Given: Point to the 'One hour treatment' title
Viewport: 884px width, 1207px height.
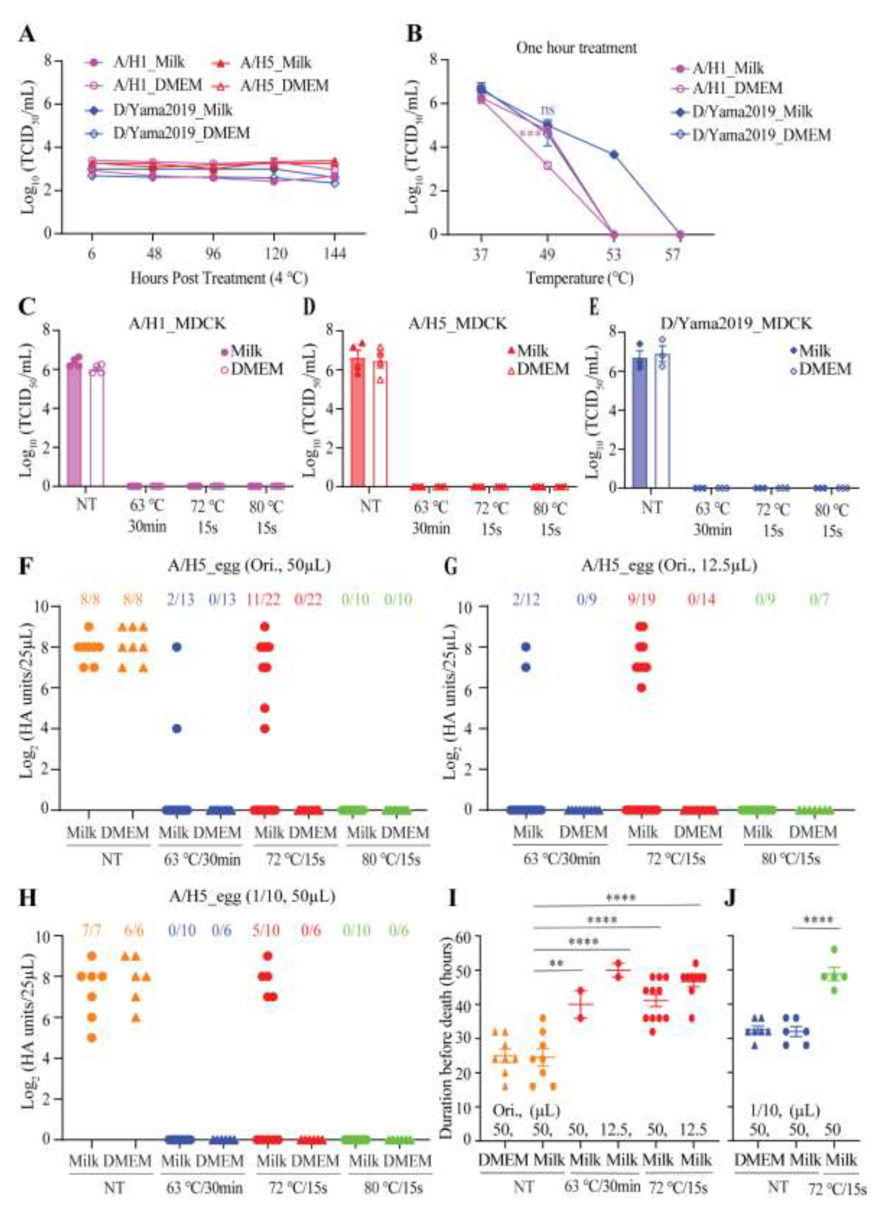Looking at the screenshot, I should [576, 48].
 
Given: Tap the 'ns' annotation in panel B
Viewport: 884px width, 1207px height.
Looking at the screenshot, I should [548, 110].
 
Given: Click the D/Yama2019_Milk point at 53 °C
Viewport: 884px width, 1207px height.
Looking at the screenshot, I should [614, 155].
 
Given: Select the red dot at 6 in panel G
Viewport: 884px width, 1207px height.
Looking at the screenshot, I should [641, 688].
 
